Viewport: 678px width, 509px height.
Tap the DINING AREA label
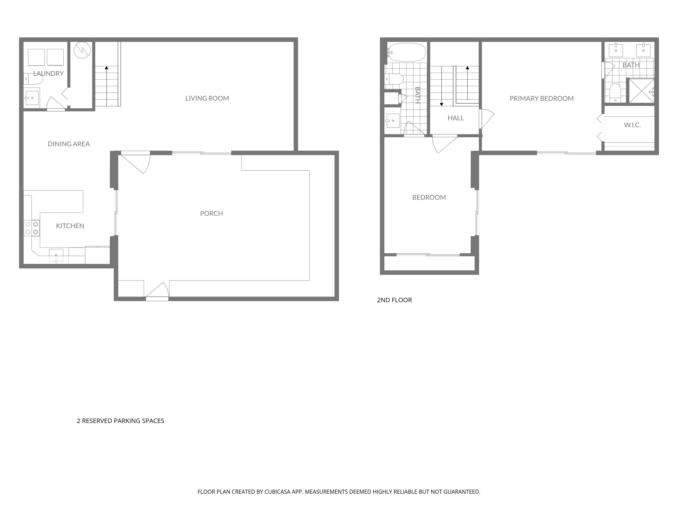[x=69, y=144]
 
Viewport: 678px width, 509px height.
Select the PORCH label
[x=212, y=214]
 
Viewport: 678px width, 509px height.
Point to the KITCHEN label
[x=70, y=226]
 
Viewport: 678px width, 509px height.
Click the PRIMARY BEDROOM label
[x=541, y=98]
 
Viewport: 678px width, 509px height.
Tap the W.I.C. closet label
[x=632, y=125]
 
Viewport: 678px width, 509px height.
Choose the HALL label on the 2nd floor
[x=455, y=118]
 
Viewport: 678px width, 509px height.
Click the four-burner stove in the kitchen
[x=32, y=228]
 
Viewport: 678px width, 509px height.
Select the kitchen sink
[x=56, y=255]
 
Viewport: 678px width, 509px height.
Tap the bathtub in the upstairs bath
[x=407, y=52]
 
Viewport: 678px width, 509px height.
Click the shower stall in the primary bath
[x=641, y=90]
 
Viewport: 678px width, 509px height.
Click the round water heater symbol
[x=82, y=50]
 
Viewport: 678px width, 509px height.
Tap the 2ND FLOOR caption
[x=394, y=300]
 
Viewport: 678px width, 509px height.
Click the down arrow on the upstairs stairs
[x=441, y=104]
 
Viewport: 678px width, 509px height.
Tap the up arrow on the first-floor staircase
[x=106, y=68]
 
